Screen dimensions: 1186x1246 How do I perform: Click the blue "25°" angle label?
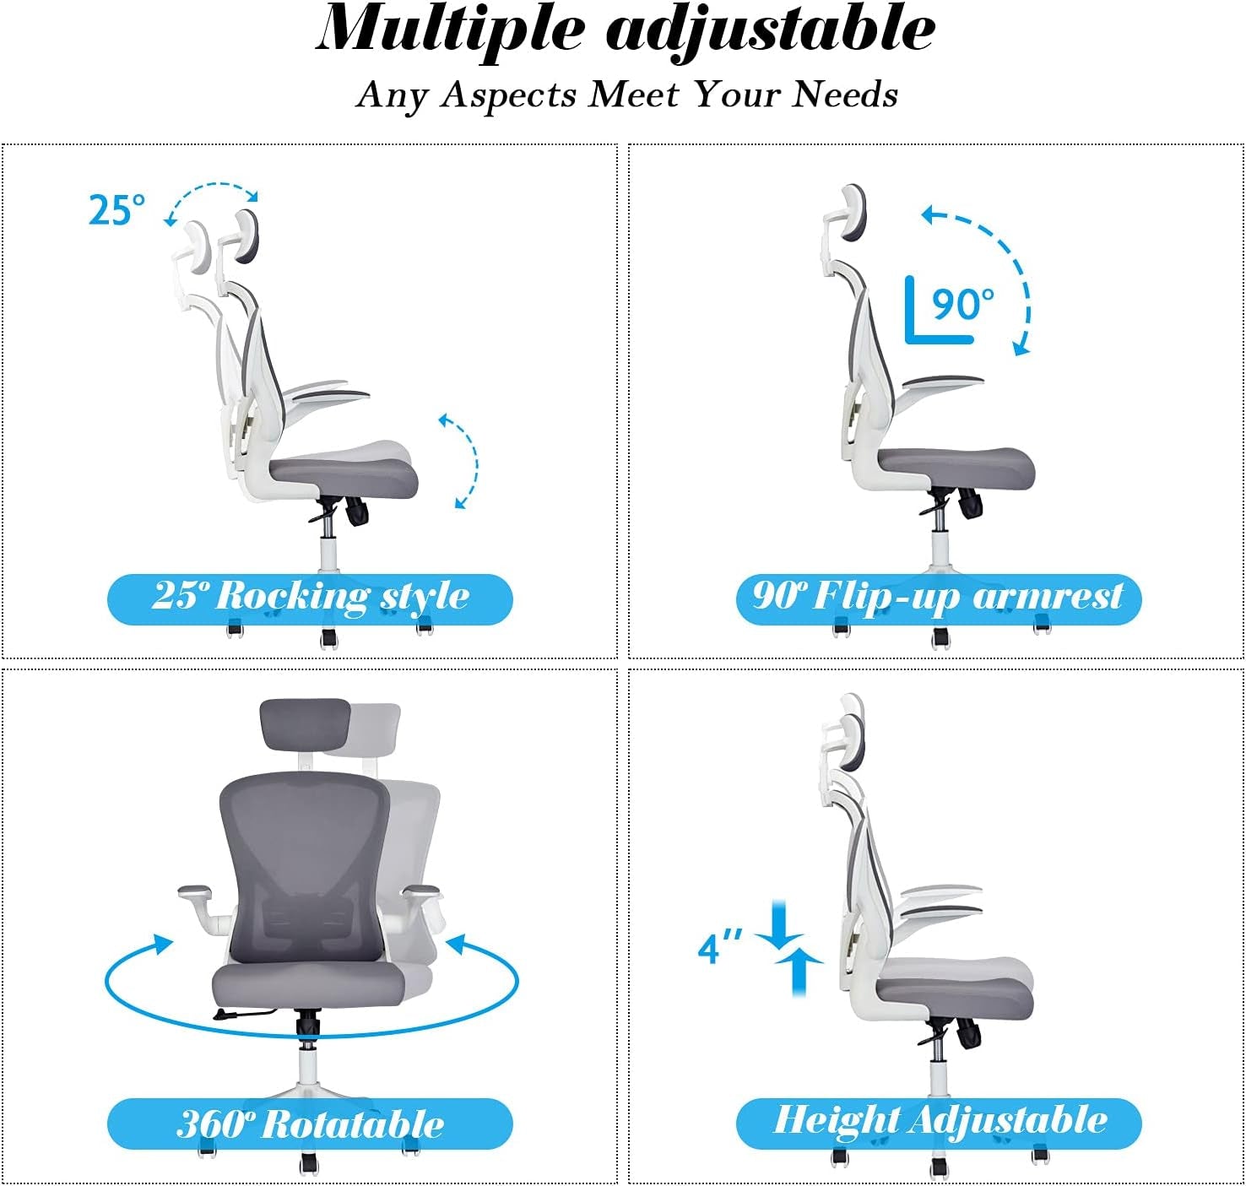tap(116, 209)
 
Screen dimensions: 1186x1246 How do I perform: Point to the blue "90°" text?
tap(962, 304)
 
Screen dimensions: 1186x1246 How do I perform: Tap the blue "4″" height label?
tap(720, 947)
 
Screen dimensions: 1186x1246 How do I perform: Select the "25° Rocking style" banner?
tap(310, 598)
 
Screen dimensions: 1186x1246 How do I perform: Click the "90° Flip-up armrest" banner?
tap(938, 598)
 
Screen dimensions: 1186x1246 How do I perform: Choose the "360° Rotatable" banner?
tap(310, 1124)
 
